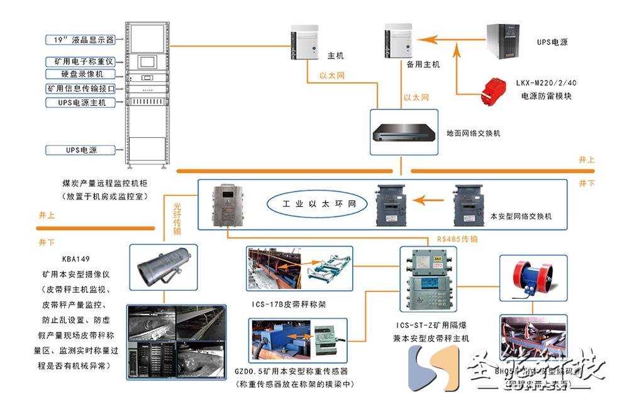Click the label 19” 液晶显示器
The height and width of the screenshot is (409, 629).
(81, 40)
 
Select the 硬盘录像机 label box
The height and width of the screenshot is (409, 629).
(81, 75)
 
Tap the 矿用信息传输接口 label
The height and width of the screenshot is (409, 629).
(81, 89)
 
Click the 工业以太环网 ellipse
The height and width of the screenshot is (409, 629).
(315, 204)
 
